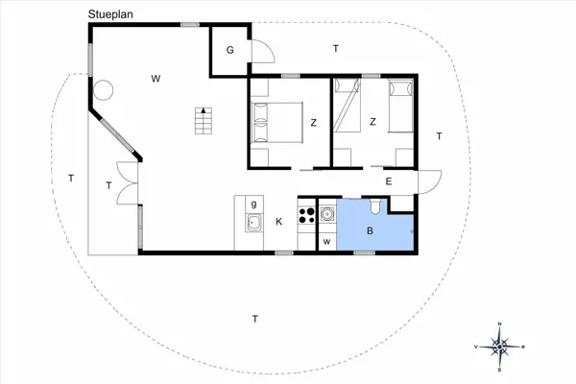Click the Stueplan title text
(110, 14)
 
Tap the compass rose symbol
(499, 347)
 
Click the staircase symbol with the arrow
(204, 121)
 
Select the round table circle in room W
(103, 90)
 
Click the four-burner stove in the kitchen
(307, 215)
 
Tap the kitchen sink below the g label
(254, 223)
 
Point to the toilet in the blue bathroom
(375, 206)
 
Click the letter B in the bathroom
(371, 230)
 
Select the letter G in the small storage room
(230, 50)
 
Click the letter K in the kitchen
(279, 222)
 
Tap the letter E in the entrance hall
(389, 181)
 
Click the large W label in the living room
(156, 79)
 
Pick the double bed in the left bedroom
(277, 122)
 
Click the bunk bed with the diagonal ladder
(347, 106)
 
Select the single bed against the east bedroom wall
(401, 107)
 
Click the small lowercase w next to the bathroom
(326, 242)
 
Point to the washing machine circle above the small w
(326, 213)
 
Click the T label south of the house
(255, 319)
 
